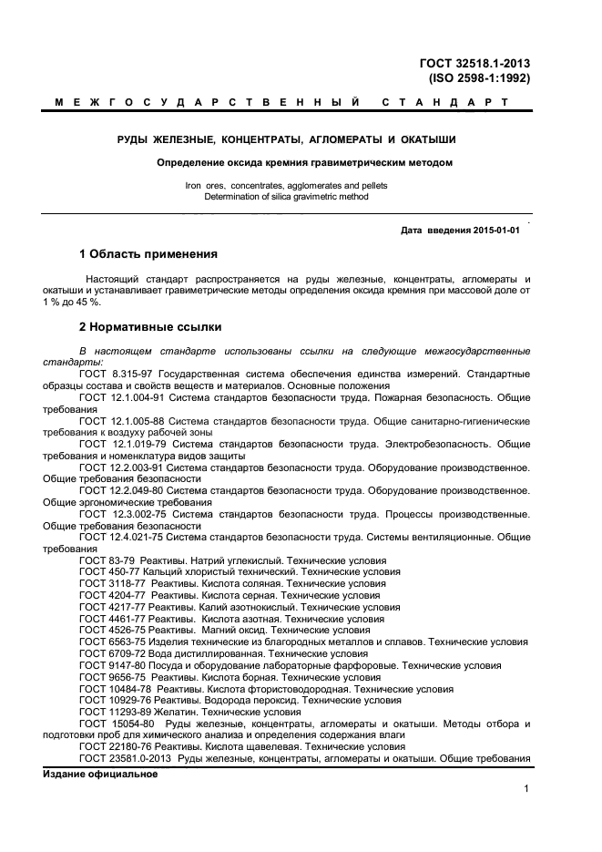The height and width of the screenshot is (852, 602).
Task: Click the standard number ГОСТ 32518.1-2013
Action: click(474, 63)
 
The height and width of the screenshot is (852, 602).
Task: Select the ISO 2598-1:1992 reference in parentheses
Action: click(479, 78)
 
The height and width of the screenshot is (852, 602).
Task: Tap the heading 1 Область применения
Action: click(148, 254)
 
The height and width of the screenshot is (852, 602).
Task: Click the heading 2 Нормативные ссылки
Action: click(150, 326)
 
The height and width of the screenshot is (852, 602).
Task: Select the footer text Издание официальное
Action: click(100, 775)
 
